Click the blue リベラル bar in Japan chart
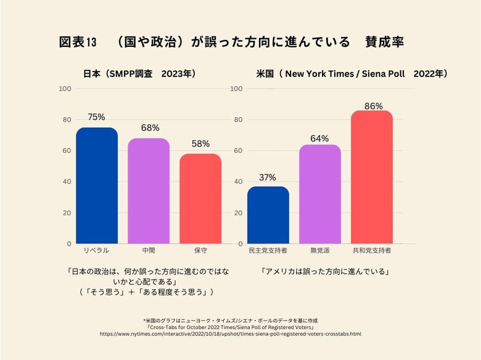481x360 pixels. click(97, 186)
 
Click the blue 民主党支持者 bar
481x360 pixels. click(268, 215)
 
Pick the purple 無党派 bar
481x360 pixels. click(320, 194)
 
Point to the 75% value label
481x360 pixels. click(97, 117)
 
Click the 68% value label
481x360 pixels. click(149, 128)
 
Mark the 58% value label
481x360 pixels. click(200, 144)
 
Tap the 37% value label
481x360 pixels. click(268, 177)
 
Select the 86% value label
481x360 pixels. click(372, 106)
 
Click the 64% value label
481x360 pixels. click(319, 138)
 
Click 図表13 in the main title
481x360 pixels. click(78, 42)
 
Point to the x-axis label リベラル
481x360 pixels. click(96, 252)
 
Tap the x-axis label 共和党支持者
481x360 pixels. click(372, 252)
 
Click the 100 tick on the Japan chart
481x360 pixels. click(65, 89)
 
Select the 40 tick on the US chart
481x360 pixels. click(237, 182)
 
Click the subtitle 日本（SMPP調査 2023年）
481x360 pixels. click(139, 73)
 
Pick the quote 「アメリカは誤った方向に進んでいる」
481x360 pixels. click(324, 271)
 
